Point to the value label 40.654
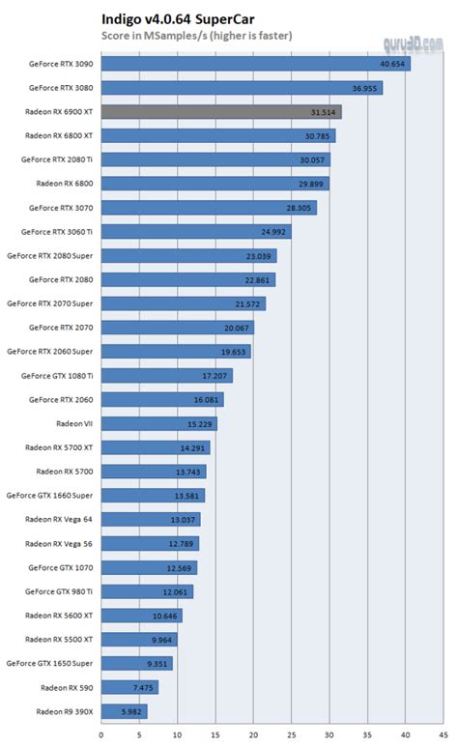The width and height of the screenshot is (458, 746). coord(392,64)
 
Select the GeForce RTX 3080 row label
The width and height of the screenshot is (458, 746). coord(61,88)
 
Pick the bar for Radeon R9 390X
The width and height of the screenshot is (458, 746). coord(124,711)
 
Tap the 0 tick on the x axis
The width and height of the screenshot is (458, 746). coord(100,734)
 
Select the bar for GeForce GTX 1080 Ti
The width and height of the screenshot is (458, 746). coord(166,375)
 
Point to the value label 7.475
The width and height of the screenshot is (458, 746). coord(141,687)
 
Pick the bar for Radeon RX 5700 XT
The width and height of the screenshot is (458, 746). coord(155,447)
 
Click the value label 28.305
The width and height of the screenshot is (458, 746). coord(300,208)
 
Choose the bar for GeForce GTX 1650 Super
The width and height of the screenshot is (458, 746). coord(136,663)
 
